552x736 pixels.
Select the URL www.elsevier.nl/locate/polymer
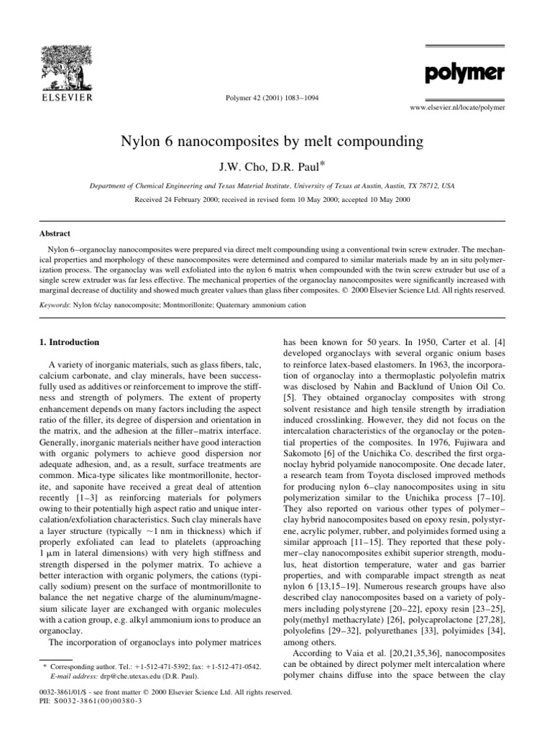click(x=456, y=107)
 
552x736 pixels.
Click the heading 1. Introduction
click(x=69, y=341)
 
